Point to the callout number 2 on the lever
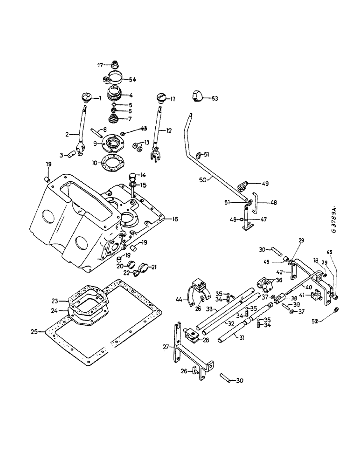(68, 134)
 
